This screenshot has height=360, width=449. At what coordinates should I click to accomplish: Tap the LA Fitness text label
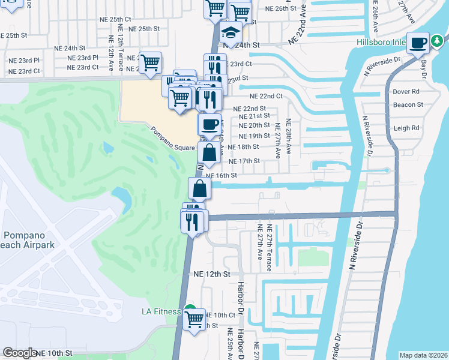161,311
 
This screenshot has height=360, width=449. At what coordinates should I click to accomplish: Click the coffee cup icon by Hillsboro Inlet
418,43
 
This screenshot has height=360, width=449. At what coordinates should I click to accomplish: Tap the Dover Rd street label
406,92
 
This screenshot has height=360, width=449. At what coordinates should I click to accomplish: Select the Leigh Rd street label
406,128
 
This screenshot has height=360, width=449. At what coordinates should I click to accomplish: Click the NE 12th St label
212,274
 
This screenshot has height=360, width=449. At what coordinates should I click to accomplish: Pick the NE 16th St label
221,175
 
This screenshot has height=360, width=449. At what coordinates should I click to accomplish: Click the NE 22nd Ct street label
266,96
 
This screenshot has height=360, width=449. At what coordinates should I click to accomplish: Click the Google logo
20,353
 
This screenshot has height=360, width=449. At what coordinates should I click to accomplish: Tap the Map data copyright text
424,355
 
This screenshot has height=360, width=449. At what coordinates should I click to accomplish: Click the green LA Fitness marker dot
189,310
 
